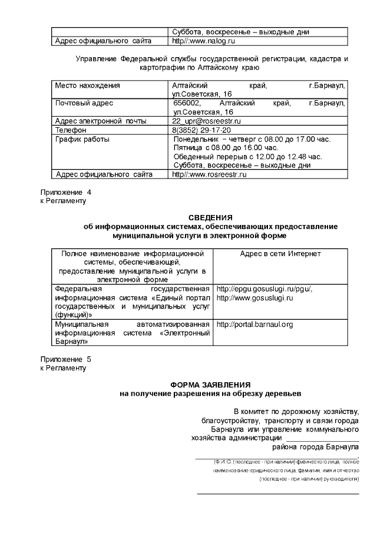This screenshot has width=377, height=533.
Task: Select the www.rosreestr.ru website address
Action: (x=209, y=174)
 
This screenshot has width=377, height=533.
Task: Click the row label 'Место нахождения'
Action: (x=87, y=86)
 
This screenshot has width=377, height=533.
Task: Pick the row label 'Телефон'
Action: (x=71, y=130)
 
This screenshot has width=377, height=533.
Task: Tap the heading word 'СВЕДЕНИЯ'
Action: (x=210, y=218)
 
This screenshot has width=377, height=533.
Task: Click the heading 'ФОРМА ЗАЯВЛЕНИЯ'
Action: (x=210, y=385)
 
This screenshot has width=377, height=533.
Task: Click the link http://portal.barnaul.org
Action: (x=255, y=324)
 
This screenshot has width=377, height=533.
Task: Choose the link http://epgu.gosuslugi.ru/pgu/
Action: (x=264, y=289)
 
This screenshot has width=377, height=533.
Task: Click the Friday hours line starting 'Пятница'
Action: (x=226, y=148)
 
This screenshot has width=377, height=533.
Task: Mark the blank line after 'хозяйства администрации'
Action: (x=322, y=438)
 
